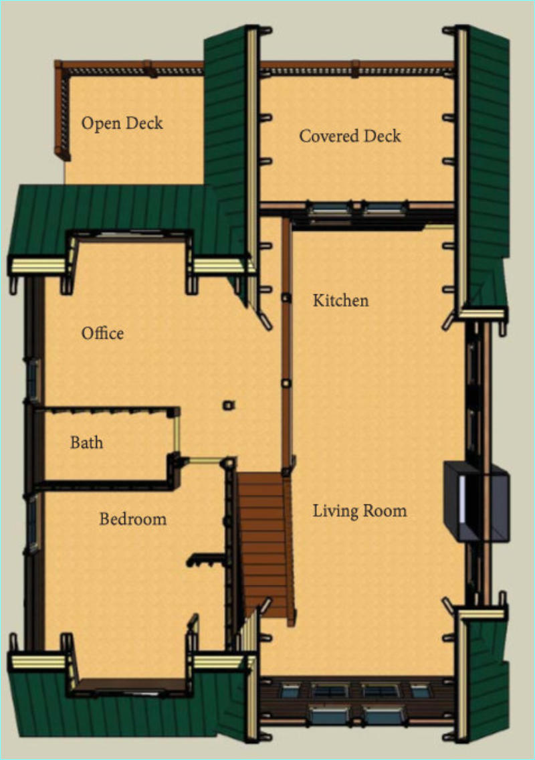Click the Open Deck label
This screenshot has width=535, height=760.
click(122, 124)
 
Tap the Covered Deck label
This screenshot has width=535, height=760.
click(350, 136)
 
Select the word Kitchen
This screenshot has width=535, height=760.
click(340, 300)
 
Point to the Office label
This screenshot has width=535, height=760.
click(102, 333)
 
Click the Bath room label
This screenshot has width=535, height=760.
click(86, 442)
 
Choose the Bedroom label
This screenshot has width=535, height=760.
click(133, 519)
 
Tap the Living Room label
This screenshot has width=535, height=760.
click(360, 511)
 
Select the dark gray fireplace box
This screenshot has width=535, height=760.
click(476, 502)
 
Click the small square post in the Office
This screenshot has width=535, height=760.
click(229, 404)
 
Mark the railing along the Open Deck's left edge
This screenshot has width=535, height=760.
click(63, 112)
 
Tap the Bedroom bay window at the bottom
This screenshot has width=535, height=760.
click(131, 687)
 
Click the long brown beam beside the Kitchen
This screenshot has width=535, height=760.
click(286, 344)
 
